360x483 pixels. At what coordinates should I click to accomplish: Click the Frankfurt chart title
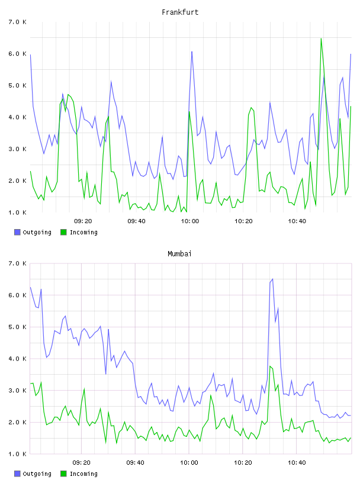pyautogui.click(x=180, y=12)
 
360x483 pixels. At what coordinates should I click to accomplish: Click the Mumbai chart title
pyautogui.click(x=179, y=254)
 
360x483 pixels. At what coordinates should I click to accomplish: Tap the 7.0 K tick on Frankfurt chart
pyautogui.click(x=18, y=22)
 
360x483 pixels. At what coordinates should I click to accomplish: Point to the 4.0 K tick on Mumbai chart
pyautogui.click(x=18, y=359)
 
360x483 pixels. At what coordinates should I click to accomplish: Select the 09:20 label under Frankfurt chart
pyautogui.click(x=83, y=221)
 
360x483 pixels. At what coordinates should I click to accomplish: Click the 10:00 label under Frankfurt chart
pyautogui.click(x=190, y=221)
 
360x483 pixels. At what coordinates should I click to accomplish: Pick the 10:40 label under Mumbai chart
pyautogui.click(x=297, y=462)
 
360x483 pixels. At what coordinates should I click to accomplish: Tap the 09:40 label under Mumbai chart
pyautogui.click(x=136, y=462)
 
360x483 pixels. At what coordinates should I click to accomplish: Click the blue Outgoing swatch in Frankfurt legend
pyautogui.click(x=17, y=232)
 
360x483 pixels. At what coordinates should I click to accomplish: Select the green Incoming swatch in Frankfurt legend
pyautogui.click(x=63, y=232)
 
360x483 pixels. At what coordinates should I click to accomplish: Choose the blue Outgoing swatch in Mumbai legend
pyautogui.click(x=17, y=474)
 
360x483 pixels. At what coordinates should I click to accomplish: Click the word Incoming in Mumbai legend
pyautogui.click(x=83, y=474)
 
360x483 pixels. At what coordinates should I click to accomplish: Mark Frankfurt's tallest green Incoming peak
pyautogui.click(x=321, y=38)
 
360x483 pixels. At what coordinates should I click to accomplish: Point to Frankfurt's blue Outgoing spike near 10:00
pyautogui.click(x=192, y=51)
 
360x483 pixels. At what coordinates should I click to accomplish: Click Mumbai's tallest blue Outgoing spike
pyautogui.click(x=272, y=279)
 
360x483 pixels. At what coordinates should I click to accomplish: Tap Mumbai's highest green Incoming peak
pyautogui.click(x=270, y=366)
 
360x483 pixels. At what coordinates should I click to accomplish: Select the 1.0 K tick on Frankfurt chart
pyautogui.click(x=18, y=212)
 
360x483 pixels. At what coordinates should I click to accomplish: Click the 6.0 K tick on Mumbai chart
pyautogui.click(x=18, y=295)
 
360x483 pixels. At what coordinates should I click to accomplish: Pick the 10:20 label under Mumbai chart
pyautogui.click(x=243, y=462)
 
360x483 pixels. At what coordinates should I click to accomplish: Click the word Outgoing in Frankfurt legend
pyautogui.click(x=37, y=232)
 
